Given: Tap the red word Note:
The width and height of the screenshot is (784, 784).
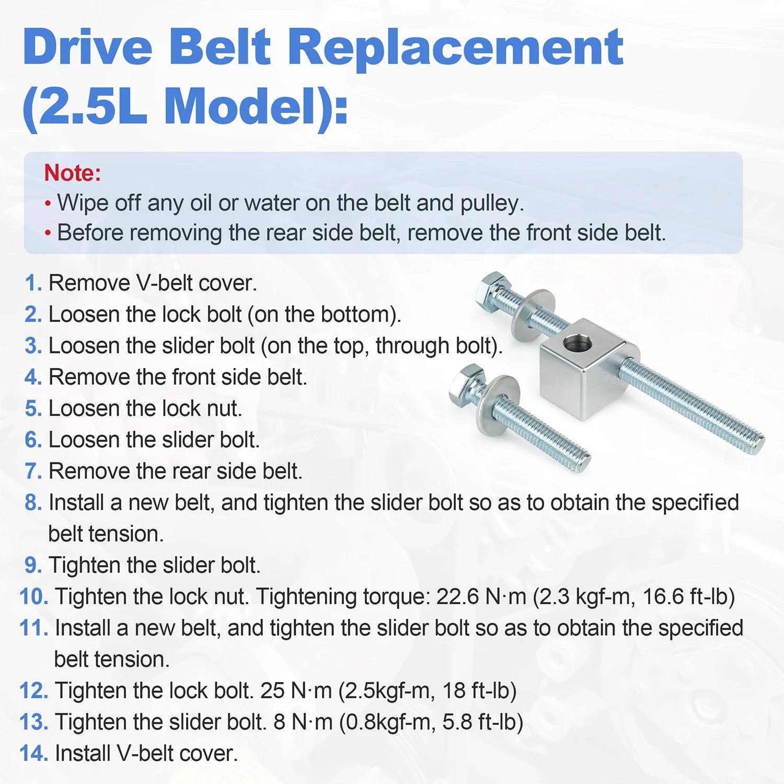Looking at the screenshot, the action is pyautogui.click(x=72, y=172).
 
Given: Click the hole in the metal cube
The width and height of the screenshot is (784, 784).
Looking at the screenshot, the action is pyautogui.click(x=578, y=344).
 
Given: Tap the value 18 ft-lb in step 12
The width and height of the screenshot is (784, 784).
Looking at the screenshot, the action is pyautogui.click(x=479, y=691).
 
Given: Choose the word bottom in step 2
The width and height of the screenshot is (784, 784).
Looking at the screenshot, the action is pyautogui.click(x=355, y=315).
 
